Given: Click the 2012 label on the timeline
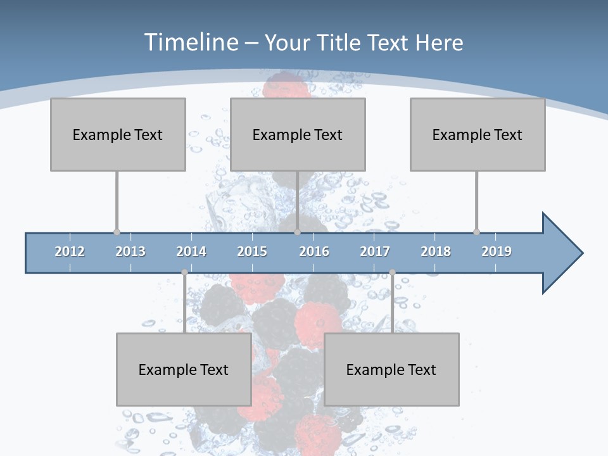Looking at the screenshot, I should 70,251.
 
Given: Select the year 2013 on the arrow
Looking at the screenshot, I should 130,251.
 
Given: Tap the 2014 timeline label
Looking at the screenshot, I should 191,251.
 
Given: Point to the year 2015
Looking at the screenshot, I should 252,251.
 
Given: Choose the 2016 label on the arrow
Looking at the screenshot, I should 314,251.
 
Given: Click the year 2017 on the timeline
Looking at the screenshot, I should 375,251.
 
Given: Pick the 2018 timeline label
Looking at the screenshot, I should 436,251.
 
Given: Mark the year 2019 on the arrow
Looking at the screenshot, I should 497,251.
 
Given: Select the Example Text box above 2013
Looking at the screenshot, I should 118,134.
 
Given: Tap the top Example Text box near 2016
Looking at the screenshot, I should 298,134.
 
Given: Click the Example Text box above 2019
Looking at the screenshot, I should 478,134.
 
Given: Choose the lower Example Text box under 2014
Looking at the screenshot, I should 184,369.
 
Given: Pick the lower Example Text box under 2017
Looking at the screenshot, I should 391,369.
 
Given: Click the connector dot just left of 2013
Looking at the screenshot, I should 117,232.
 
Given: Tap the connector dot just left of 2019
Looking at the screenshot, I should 476,232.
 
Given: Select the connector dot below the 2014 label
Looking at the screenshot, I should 184,272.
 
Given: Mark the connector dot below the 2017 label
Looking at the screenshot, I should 392,272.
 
